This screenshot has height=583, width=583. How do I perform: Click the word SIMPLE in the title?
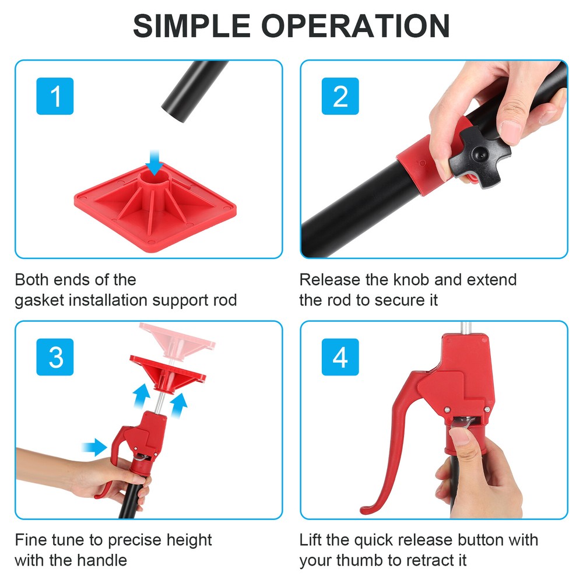click(x=191, y=26)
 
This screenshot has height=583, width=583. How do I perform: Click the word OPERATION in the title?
click(x=356, y=26)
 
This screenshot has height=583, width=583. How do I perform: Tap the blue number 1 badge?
click(x=55, y=96)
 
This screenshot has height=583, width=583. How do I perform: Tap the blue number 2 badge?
click(x=340, y=96)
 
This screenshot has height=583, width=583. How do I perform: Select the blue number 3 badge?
click(x=55, y=357)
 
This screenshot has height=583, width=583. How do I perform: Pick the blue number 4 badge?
click(x=340, y=357)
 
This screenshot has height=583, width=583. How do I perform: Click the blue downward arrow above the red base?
click(x=154, y=163)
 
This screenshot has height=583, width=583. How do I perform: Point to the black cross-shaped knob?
click(x=480, y=156)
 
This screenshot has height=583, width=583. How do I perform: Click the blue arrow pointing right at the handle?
click(x=95, y=447)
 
